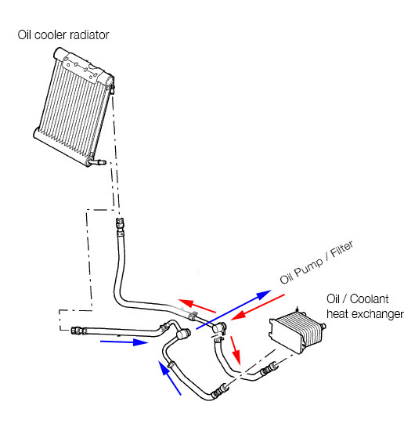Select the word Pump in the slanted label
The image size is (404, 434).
tap(308, 269)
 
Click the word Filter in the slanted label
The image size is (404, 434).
tap(342, 249)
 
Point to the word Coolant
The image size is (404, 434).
tap(369, 299)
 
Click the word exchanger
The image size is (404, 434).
tap(377, 314)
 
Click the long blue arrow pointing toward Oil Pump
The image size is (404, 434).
tap(233, 309)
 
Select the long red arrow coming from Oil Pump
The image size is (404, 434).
tap(258, 307)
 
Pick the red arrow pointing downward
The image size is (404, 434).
tap(236, 350)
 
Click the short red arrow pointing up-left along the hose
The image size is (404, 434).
tap(197, 306)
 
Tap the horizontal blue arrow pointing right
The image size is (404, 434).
tap(124, 342)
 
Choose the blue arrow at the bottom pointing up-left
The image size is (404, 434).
tap(170, 378)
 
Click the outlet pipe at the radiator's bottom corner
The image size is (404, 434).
tap(97, 162)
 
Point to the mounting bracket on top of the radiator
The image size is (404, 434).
tap(80, 68)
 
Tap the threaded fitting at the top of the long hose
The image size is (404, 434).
tap(120, 222)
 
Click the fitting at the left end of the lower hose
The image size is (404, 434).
tap(77, 331)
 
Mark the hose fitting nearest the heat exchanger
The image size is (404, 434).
tap(269, 368)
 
